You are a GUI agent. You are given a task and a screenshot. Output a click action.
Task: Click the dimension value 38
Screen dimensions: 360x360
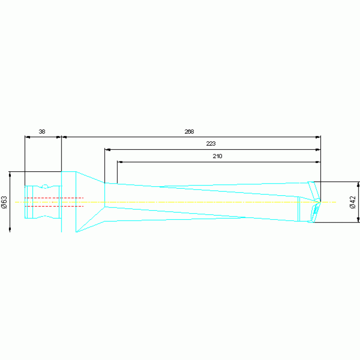42,132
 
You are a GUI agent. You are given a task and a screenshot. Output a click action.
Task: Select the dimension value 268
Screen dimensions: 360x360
189,132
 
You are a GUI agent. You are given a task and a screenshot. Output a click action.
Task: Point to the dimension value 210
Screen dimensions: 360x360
217,156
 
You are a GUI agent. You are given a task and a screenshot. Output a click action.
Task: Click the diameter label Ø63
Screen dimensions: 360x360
4,201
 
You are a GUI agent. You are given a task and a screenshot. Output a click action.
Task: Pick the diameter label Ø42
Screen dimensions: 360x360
352,202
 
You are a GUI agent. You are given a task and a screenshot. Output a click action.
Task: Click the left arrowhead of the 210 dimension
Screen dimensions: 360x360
120,162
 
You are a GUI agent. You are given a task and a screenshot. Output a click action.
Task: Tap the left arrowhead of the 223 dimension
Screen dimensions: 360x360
107,150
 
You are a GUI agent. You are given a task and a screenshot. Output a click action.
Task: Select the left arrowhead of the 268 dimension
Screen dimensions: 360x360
64,138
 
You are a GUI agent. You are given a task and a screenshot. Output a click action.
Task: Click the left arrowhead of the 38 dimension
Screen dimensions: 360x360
27,138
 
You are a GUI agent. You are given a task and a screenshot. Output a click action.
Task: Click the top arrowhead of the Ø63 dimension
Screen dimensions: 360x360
10,174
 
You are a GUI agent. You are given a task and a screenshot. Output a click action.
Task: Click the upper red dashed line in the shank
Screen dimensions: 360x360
54,198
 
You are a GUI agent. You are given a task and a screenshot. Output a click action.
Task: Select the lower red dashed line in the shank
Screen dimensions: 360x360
54,206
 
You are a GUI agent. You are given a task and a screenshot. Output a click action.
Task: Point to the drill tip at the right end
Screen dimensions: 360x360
321,201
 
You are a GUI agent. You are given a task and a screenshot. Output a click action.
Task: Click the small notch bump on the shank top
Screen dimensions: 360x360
45,186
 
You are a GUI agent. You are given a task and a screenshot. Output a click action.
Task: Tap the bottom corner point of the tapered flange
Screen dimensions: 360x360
76,232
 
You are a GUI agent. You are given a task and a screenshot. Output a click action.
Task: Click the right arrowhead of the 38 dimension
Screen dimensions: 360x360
59,138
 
